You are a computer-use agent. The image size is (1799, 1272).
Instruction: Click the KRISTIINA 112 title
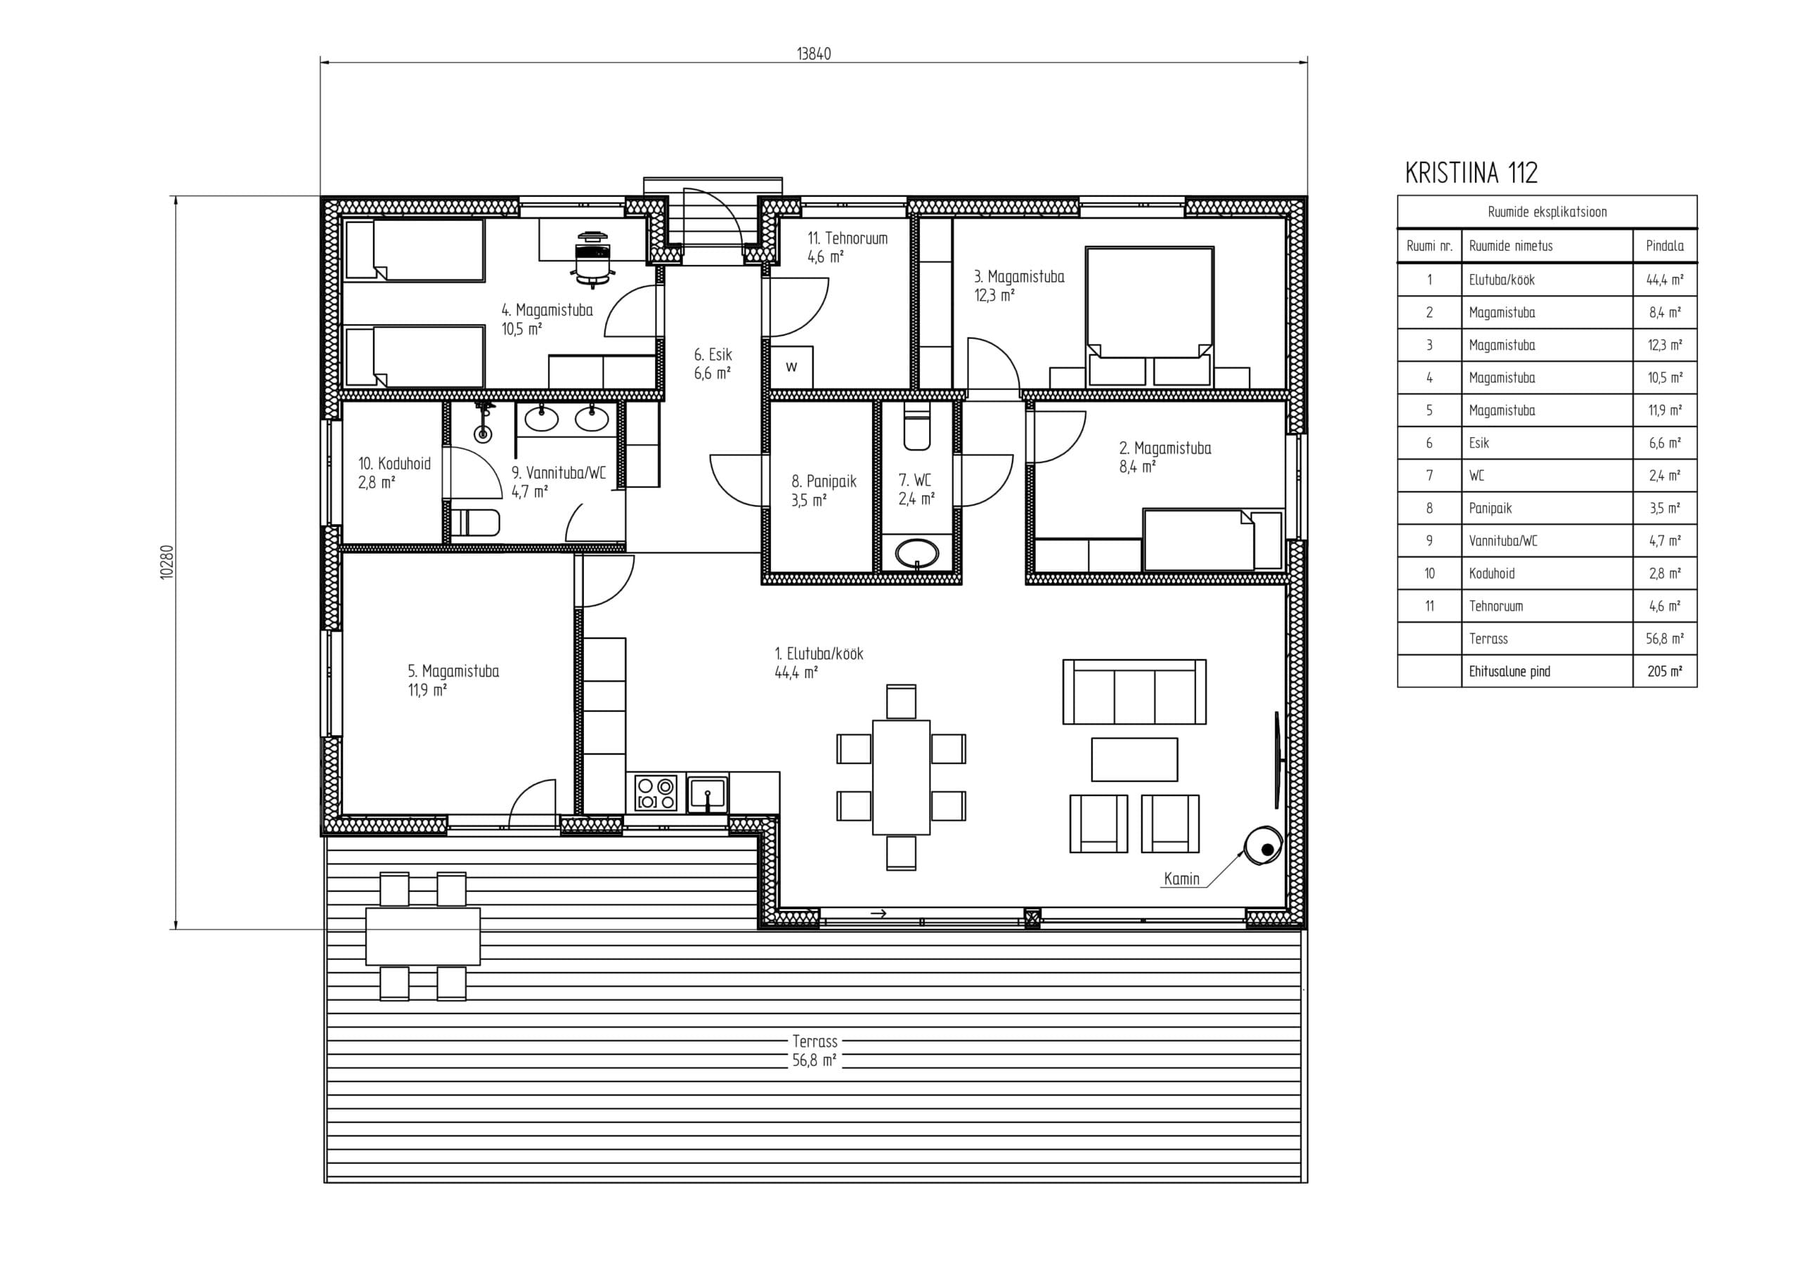point(1471,172)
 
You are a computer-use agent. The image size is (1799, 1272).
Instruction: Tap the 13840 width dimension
point(813,53)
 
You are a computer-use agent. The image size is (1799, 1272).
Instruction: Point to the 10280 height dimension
point(166,562)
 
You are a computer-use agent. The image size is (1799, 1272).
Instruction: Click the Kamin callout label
point(1181,878)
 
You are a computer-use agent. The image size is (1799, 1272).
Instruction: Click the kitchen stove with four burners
point(656,793)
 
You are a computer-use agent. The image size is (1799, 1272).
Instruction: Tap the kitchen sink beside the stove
point(708,793)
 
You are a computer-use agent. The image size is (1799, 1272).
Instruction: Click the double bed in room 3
point(1150,316)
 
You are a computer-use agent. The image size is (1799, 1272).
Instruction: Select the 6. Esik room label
point(713,363)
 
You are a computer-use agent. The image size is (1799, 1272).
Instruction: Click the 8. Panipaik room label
point(824,491)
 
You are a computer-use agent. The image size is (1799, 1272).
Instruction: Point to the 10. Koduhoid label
point(394,472)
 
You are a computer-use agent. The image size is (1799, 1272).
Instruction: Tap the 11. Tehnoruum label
point(847,247)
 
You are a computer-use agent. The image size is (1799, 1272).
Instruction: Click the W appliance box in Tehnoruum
point(791,366)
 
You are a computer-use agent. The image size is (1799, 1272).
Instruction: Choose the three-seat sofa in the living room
point(1134,692)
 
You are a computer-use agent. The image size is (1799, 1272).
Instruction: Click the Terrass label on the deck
point(815,1041)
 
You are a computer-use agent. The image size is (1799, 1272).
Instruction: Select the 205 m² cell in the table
point(1665,671)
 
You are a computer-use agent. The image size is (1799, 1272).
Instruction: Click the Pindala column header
point(1665,245)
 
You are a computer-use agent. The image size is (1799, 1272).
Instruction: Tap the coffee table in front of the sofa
point(1134,760)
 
